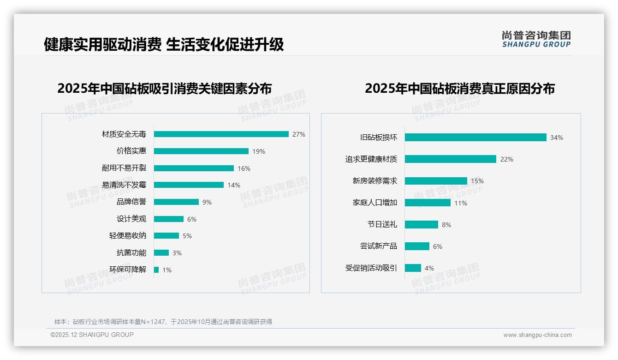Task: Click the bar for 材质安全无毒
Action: pos(221,134)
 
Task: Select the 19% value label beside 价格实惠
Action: pos(259,151)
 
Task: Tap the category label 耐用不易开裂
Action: pos(124,168)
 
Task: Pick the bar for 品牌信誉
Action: pos(176,202)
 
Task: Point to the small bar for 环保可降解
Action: pos(156,270)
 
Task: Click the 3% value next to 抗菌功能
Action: pos(177,253)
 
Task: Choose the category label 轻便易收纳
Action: pos(128,236)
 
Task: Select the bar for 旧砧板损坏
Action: pos(475,138)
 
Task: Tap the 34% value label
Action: pos(556,138)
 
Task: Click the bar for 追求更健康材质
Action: pos(451,159)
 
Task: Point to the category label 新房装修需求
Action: pos(374,181)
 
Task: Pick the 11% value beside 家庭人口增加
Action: pos(461,203)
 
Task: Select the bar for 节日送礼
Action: pos(422,225)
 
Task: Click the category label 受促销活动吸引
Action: pos(371,268)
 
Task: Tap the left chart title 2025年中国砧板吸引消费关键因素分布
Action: pos(165,88)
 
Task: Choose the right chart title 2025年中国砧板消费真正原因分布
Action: pos(459,88)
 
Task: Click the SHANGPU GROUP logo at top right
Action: pos(536,39)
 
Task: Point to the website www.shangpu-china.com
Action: pos(537,335)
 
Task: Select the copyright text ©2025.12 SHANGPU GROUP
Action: pos(92,335)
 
